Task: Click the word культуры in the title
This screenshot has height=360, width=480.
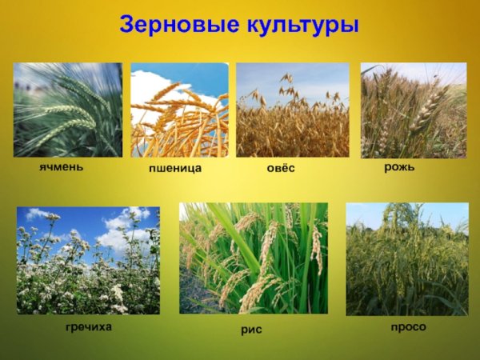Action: [300, 25]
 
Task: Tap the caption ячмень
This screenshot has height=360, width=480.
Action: [61, 170]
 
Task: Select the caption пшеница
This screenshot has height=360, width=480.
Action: [174, 170]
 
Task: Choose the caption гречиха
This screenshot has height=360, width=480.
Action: [88, 328]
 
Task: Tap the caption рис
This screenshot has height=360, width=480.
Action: [252, 329]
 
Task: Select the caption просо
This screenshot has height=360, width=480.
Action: [408, 327]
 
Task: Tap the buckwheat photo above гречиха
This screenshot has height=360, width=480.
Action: [88, 260]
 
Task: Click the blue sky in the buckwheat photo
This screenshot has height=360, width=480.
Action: [80, 218]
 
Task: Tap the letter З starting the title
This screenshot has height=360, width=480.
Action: [128, 25]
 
